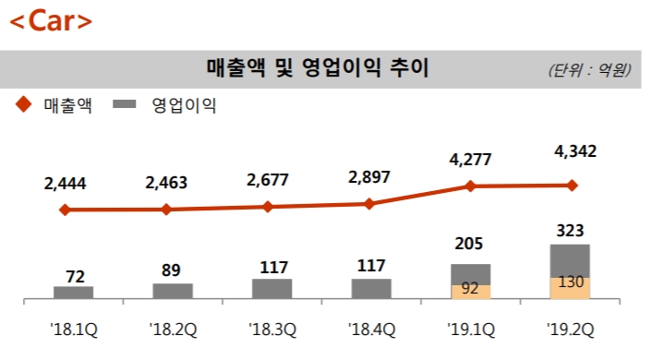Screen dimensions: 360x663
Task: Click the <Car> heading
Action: [52, 23]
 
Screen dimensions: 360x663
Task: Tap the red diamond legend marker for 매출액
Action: [22, 105]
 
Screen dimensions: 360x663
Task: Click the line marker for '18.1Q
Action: [65, 210]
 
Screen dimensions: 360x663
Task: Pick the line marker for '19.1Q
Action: [471, 186]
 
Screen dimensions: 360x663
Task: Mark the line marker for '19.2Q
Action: [572, 186]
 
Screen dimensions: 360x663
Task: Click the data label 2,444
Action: [65, 183]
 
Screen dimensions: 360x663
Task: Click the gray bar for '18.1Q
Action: [74, 293]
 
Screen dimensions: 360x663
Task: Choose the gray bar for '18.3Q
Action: [272, 289]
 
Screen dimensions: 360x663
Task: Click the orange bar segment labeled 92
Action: [471, 291]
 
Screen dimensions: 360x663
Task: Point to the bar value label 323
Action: [571, 230]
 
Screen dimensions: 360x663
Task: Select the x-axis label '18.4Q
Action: [371, 327]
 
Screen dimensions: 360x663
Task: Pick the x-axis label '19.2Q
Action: [571, 327]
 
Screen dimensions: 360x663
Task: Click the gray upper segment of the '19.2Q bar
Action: [571, 260]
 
